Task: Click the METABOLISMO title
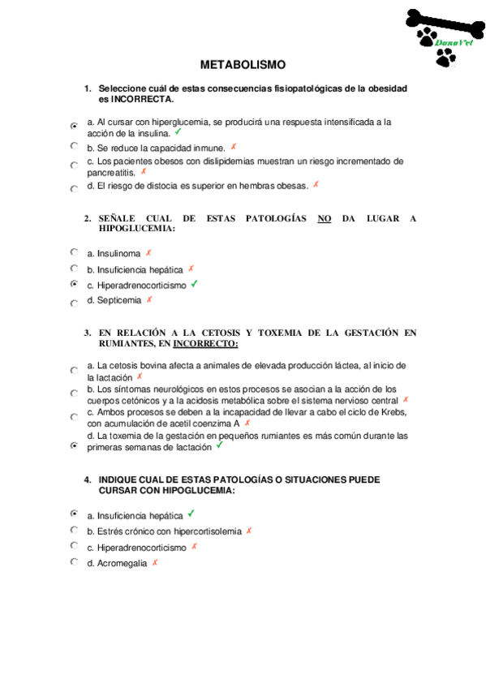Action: [243, 65]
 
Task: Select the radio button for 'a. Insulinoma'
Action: [74, 253]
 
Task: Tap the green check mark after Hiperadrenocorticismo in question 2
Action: [195, 285]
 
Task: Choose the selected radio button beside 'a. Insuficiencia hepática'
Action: [74, 514]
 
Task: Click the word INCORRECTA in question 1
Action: [141, 99]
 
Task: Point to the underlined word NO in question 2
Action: [325, 218]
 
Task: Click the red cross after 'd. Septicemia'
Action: [149, 299]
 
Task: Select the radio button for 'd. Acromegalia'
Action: [74, 561]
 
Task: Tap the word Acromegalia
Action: [122, 563]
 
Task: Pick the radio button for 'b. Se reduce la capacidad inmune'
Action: [74, 147]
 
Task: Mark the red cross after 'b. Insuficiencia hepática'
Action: [191, 269]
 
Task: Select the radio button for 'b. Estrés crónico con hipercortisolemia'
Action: [74, 530]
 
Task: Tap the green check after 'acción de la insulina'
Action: [178, 131]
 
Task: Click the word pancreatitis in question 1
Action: [111, 173]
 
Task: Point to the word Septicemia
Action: [119, 300]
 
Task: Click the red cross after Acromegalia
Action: [154, 562]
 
